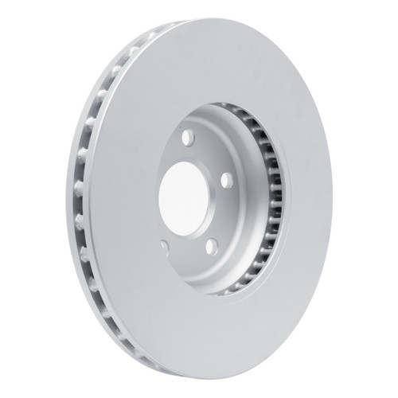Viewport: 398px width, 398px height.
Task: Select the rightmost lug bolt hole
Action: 227,181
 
